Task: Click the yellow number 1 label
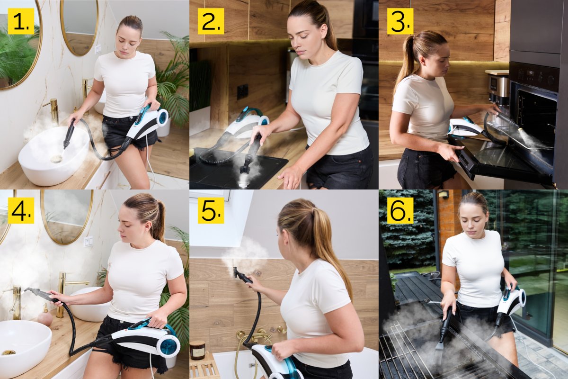[x=21, y=21]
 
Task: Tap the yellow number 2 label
[x=211, y=21]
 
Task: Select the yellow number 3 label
[x=400, y=21]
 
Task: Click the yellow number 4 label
[x=21, y=210]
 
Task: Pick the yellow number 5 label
[x=211, y=210]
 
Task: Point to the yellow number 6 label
[x=400, y=210]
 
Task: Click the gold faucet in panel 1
[x=53, y=110]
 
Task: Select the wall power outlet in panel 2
[x=242, y=92]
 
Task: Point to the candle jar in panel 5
[x=197, y=350]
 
